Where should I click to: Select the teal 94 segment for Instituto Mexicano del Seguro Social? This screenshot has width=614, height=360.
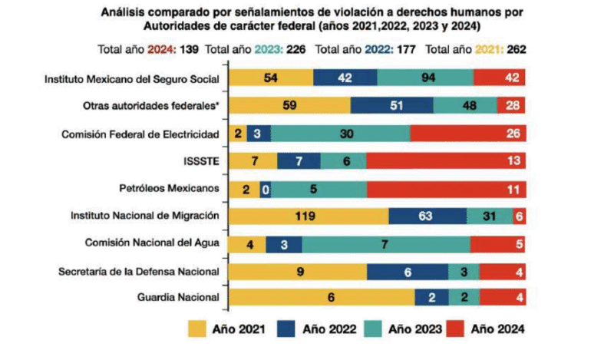424,78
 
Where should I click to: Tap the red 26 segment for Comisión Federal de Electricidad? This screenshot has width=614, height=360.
467,134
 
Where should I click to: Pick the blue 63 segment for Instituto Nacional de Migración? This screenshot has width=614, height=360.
427,216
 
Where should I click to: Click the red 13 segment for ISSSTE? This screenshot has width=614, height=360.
446,160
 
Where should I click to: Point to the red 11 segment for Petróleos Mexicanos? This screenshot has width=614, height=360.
446,188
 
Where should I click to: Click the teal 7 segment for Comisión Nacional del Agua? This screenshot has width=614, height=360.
386,243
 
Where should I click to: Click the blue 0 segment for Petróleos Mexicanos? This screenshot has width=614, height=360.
266,188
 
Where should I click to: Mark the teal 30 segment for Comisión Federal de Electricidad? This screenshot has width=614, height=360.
340,134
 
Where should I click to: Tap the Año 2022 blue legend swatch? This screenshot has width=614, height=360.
293,329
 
